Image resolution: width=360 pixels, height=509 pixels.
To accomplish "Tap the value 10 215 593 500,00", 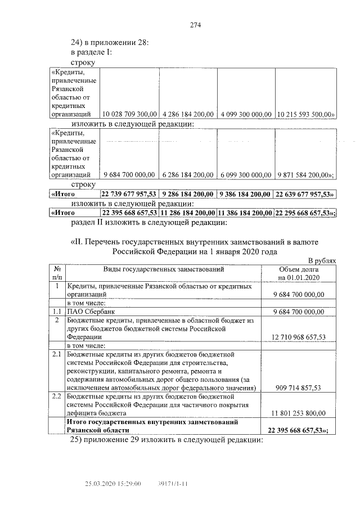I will click(x=306, y=114).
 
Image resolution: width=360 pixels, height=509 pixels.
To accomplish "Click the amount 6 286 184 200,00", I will click(x=187, y=174).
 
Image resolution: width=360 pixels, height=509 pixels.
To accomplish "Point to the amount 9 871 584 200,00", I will click(x=305, y=174).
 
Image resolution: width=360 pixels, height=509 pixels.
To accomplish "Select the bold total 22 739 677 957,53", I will click(x=129, y=194).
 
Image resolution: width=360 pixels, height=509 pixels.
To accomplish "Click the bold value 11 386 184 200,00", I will click(x=246, y=213).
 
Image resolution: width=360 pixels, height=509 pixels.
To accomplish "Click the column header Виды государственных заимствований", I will click(x=164, y=269).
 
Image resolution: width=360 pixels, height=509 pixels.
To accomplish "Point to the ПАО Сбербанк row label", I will click(x=87, y=312).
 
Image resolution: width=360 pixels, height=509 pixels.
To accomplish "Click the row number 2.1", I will click(x=56, y=355).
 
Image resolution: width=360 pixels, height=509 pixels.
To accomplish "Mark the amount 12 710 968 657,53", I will click(x=298, y=337).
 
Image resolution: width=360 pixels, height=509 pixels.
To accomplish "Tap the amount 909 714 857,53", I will click(x=299, y=388).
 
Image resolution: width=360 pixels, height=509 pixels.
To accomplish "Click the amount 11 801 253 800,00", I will click(x=298, y=413).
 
